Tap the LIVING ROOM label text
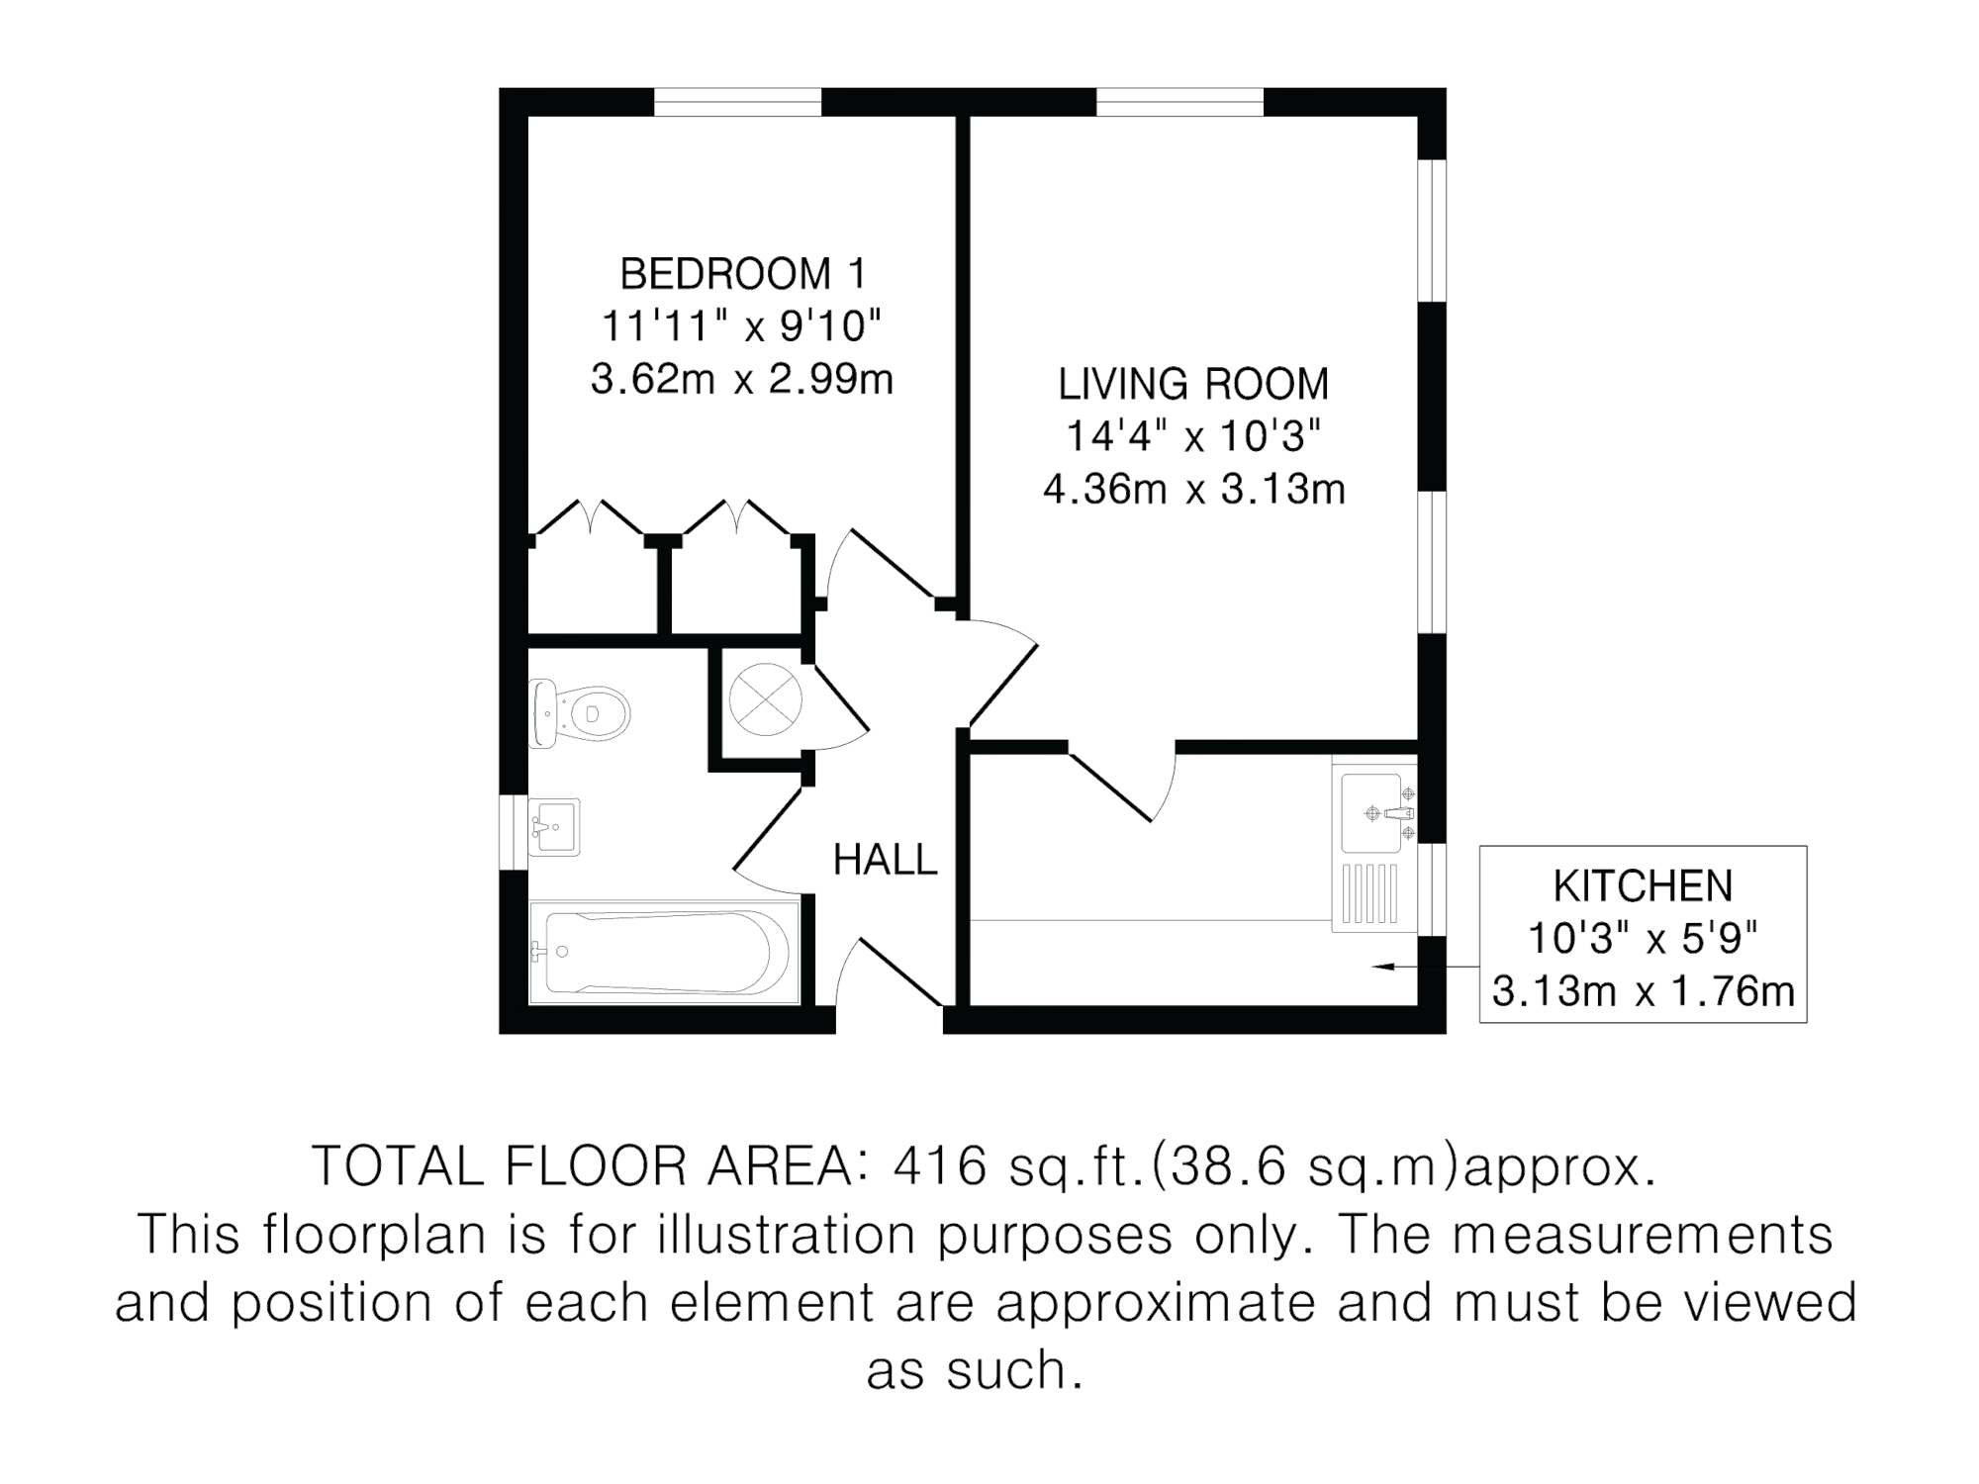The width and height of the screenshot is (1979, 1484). point(1192,385)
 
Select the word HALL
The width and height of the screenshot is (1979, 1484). point(886,860)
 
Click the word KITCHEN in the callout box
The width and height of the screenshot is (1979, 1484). point(1643,886)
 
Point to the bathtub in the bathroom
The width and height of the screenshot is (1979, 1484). point(661,952)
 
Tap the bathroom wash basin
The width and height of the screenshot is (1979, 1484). point(554,827)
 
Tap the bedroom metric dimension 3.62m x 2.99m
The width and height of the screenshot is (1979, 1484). point(742,380)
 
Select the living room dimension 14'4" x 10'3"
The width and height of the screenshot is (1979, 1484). point(1192,437)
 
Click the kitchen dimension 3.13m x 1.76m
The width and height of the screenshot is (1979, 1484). point(1643,992)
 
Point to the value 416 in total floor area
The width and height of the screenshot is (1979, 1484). point(940,1168)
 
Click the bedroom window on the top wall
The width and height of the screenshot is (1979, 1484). point(739,102)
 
